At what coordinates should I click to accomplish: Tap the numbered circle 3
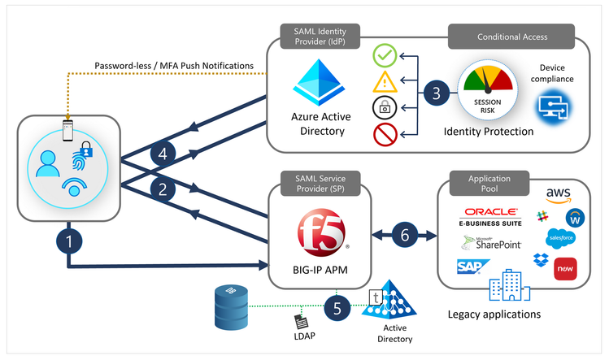coord(436,93)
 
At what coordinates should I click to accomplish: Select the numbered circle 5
coord(337,307)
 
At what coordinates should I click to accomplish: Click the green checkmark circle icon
coord(385,56)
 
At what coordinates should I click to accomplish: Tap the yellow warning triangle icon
coord(385,81)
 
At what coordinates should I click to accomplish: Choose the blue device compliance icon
coord(555,106)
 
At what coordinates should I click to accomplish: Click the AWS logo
coord(559,196)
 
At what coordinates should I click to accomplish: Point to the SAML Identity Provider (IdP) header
coord(312,36)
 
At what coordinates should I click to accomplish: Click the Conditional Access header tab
coord(511,36)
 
